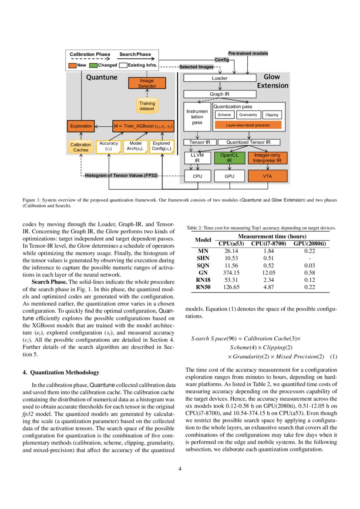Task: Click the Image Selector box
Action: (x=147, y=84)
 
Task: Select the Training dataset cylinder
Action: (x=147, y=106)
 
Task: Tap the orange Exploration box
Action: (x=81, y=126)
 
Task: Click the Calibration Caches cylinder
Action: (x=81, y=148)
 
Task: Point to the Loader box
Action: (x=219, y=78)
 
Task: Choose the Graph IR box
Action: (x=219, y=94)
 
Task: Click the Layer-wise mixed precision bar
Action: (x=248, y=125)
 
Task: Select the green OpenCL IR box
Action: (x=229, y=158)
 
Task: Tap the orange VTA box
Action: (x=267, y=176)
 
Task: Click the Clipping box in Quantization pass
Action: (x=272, y=115)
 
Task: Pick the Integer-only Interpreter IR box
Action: (x=267, y=158)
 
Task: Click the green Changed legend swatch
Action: (x=93, y=65)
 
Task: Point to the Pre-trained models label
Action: (x=248, y=53)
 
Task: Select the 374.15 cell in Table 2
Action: (x=230, y=272)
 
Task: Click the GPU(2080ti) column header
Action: (x=310, y=243)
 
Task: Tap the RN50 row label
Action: (x=203, y=287)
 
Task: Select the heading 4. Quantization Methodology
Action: (x=61, y=372)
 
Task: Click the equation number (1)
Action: (x=333, y=357)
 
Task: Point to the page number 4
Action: (x=180, y=469)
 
